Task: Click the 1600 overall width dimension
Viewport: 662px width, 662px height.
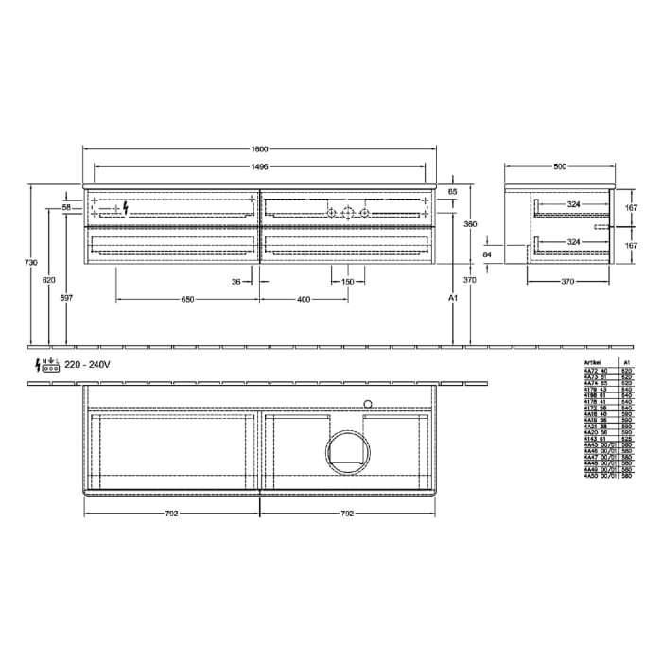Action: tap(260, 149)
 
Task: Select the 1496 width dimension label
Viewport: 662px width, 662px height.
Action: tap(260, 166)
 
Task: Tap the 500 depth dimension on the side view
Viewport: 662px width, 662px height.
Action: tap(560, 166)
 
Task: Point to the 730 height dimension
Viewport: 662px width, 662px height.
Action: tap(30, 262)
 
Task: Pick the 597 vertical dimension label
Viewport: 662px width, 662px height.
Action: tap(65, 298)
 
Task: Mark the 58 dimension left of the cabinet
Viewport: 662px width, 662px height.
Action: tap(66, 207)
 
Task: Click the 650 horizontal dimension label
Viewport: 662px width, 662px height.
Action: tap(187, 299)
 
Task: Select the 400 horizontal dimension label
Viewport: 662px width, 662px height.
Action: tap(304, 299)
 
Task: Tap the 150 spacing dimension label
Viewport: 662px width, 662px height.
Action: tap(348, 281)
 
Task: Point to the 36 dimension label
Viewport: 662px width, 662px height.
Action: tap(237, 281)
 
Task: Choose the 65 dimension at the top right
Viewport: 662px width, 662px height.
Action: tap(453, 192)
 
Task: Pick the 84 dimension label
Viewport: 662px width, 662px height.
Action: tap(486, 254)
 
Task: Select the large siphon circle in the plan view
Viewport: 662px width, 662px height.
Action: tap(350, 453)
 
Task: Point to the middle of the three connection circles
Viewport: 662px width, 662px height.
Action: tap(348, 213)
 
